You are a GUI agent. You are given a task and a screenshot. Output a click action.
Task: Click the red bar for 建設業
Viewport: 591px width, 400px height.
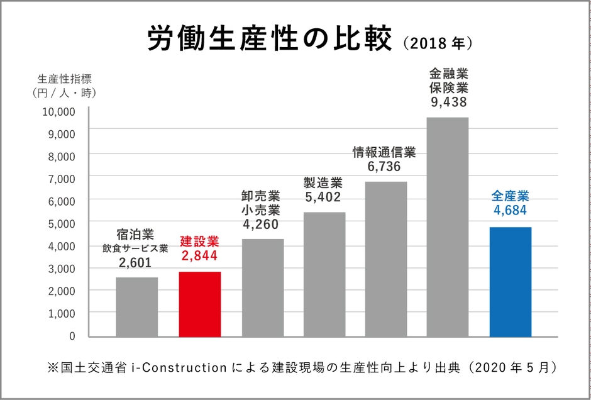pos(200,304)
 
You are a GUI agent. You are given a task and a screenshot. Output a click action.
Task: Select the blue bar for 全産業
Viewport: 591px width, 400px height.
pos(510,281)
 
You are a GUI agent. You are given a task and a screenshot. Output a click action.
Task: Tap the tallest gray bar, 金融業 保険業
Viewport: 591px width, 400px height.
pos(448,226)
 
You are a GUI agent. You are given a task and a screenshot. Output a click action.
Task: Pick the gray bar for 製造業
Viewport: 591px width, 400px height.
pos(324,274)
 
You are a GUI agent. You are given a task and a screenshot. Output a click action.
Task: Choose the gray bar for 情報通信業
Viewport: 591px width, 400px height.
pos(386,258)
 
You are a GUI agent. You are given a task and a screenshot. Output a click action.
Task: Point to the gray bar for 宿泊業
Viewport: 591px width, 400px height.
pos(137,306)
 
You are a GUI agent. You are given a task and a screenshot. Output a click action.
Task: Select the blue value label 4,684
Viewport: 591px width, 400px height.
pos(510,210)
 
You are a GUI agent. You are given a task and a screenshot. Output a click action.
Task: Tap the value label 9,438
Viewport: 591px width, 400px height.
pos(448,101)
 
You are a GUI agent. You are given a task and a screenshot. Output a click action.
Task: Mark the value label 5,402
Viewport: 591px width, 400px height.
pos(323,197)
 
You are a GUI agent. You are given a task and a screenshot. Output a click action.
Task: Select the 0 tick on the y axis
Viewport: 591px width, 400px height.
pos(72,335)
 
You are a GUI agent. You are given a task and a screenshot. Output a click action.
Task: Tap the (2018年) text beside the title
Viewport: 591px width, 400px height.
pos(436,44)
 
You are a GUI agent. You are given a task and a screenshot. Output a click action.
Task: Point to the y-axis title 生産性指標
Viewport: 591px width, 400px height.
pos(65,79)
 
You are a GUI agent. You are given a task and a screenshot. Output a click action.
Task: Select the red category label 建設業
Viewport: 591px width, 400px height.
pos(199,240)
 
